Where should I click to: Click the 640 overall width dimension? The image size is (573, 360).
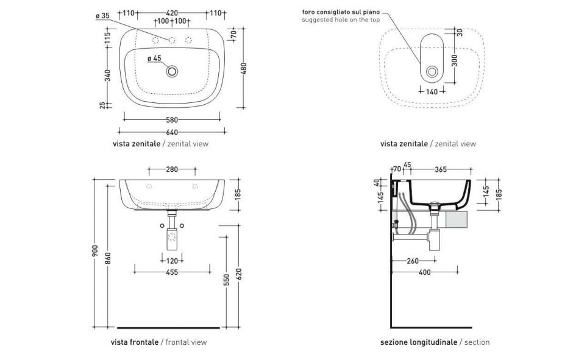click(171, 132)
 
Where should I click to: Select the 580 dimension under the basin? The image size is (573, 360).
click(172, 119)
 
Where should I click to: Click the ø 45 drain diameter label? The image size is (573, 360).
click(154, 58)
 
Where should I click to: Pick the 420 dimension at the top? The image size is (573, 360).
click(172, 13)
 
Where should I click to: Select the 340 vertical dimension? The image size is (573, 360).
click(109, 76)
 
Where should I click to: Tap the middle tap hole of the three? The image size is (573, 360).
click(172, 41)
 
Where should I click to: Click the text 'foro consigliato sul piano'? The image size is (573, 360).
click(341, 12)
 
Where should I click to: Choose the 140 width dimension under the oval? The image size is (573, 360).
click(432, 92)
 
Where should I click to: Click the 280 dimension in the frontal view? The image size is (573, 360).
click(172, 168)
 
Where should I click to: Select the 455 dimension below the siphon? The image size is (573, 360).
click(172, 272)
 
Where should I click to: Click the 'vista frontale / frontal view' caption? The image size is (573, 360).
click(158, 342)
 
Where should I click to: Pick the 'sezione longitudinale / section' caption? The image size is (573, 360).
click(435, 342)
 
